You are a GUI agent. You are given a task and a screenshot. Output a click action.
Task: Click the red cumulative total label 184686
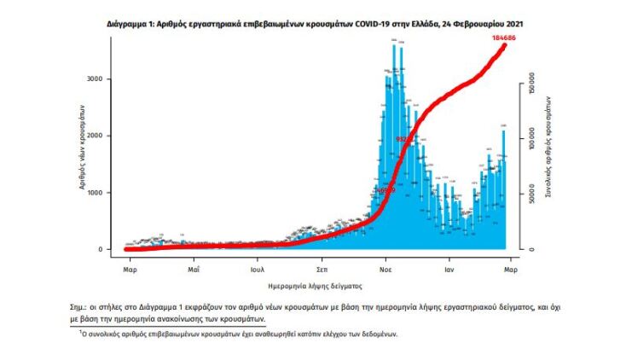pos(503,38)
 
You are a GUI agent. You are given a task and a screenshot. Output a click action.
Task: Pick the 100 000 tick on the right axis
pos(530,138)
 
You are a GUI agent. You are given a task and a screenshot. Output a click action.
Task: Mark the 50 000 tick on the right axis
pos(530,196)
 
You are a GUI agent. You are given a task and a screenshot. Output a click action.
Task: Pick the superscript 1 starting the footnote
pos(96,332)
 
